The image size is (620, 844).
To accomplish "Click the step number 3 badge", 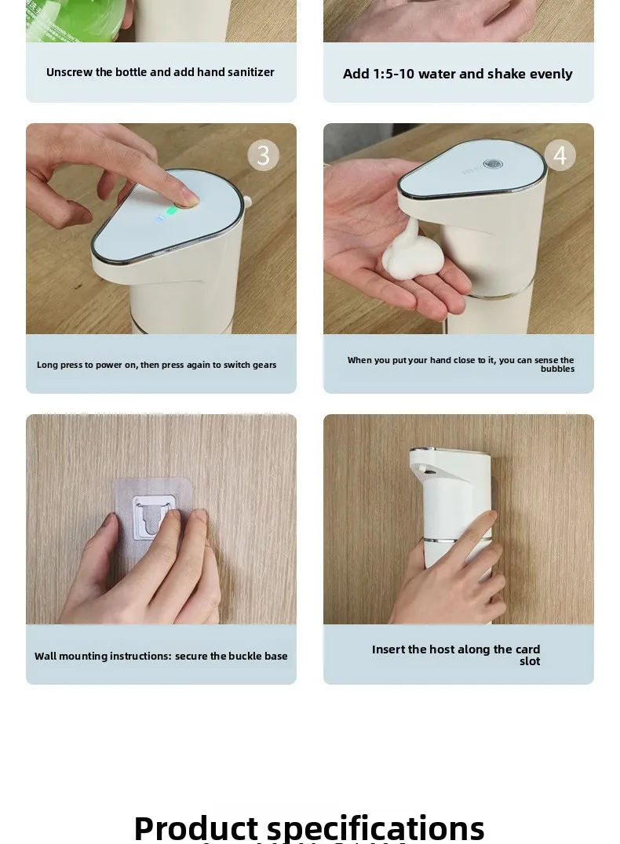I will [x=263, y=155].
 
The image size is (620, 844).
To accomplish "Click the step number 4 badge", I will [x=560, y=155].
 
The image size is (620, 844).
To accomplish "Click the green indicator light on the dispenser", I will [x=172, y=210].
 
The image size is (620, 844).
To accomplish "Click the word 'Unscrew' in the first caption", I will [x=69, y=72].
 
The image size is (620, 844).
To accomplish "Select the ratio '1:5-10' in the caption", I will [x=393, y=74].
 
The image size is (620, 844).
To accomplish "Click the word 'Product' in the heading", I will [x=195, y=828].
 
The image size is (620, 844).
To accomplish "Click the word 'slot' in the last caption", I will [x=529, y=661].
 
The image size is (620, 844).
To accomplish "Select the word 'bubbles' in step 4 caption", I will [x=557, y=369].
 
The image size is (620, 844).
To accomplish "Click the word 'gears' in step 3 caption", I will [x=264, y=365].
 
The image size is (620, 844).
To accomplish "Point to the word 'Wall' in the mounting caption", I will [x=45, y=657].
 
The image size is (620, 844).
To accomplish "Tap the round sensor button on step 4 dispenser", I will [x=493, y=165].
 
